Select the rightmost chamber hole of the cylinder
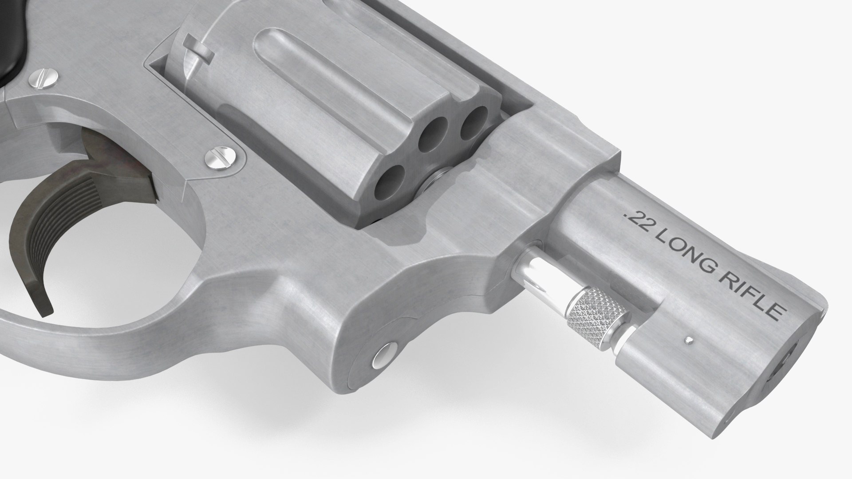point(472,121)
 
